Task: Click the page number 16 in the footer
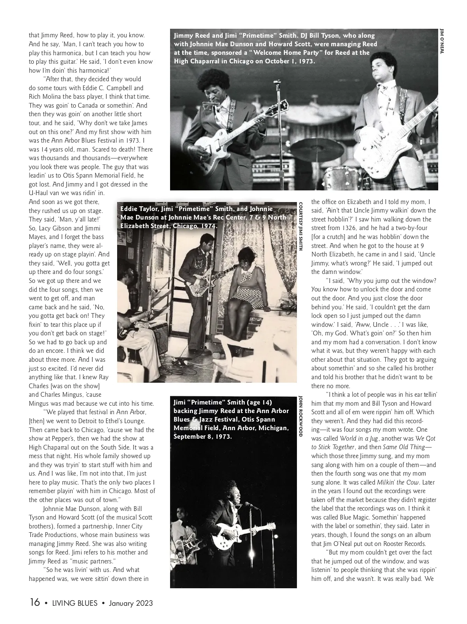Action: (35, 602)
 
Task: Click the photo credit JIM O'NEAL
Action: (441, 41)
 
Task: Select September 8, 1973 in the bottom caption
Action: (202, 436)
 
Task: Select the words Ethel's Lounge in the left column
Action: (121, 421)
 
